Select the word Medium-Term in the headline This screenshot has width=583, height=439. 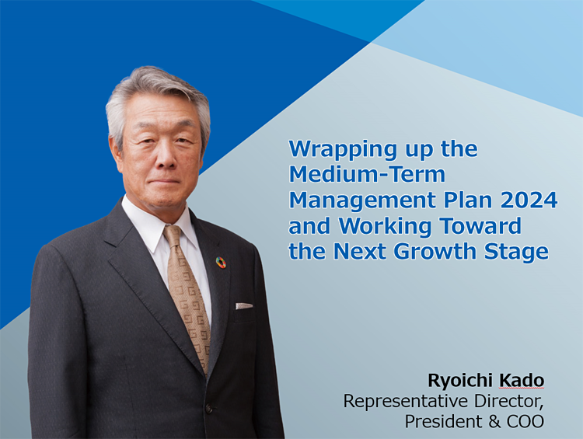(367, 174)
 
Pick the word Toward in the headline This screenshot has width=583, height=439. (480, 225)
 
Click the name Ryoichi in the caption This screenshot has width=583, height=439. (460, 381)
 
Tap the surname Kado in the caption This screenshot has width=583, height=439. (522, 380)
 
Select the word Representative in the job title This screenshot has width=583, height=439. (406, 402)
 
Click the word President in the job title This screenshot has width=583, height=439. (443, 422)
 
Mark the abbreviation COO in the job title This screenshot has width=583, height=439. (525, 422)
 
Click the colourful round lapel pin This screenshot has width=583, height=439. (222, 262)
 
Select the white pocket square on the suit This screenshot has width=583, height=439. (244, 306)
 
